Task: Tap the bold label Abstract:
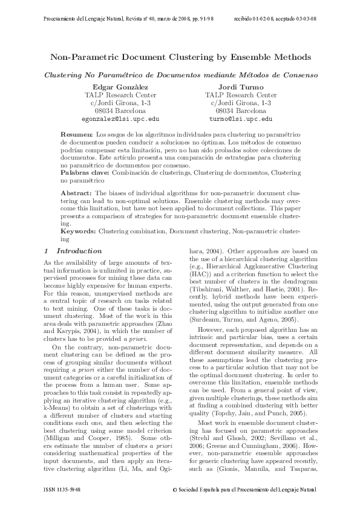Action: [x=78, y=192]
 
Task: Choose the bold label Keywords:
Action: [x=79, y=232]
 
